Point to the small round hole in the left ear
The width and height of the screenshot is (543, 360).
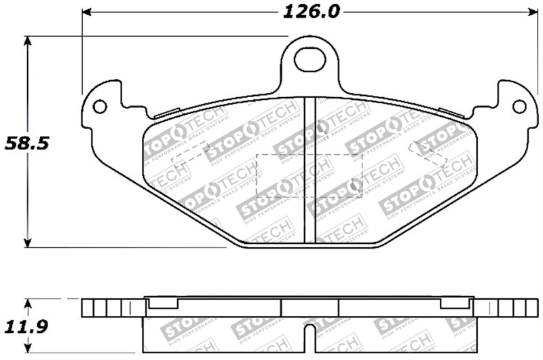[100, 107]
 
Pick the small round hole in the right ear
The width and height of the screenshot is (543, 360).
[519, 107]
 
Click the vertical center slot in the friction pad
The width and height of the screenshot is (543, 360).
[310, 170]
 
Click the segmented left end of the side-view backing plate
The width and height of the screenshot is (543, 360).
[102, 308]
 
